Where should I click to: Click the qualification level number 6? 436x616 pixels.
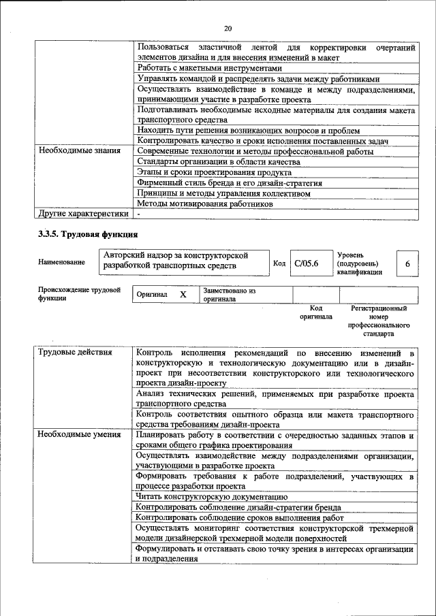pyautogui.click(x=407, y=263)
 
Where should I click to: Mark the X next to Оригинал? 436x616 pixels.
pyautogui.click(x=183, y=294)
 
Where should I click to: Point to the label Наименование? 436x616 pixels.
pyautogui.click(x=62, y=262)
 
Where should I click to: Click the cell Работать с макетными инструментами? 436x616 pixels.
pyautogui.click(x=208, y=68)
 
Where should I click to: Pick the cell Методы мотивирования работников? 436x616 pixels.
pyautogui.click(x=204, y=203)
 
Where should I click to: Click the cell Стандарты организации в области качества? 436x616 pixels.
pyautogui.click(x=218, y=161)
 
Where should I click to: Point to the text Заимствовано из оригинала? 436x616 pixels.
pyautogui.click(x=229, y=294)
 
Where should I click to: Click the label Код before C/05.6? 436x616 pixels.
pyautogui.click(x=279, y=263)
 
